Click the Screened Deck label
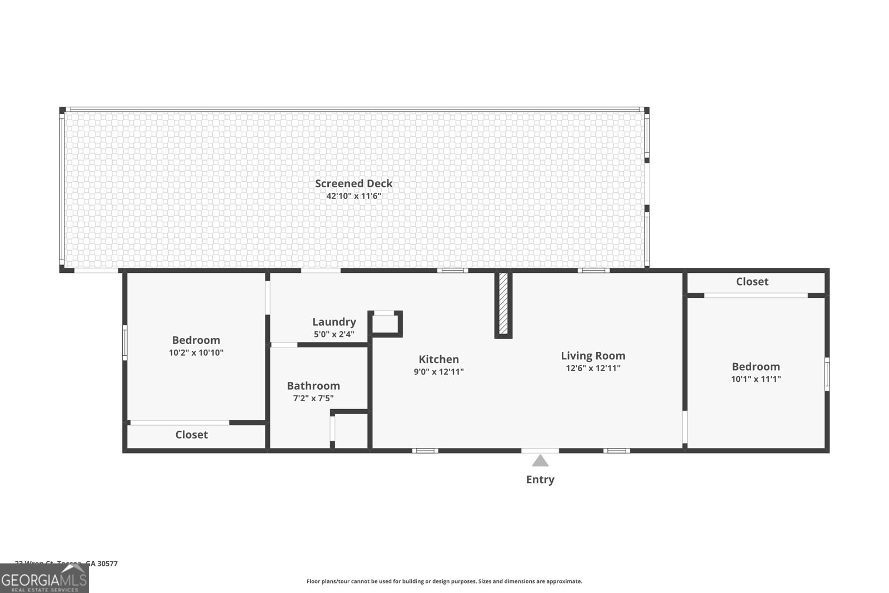(353, 183)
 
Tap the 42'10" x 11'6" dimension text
(353, 196)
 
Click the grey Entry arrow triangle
(540, 461)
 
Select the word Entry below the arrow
(540, 479)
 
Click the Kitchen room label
(438, 359)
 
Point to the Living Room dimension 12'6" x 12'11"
(593, 368)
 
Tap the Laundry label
(334, 322)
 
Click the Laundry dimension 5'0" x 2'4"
(334, 335)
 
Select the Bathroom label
(313, 386)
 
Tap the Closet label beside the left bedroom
(191, 435)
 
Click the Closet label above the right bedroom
(752, 282)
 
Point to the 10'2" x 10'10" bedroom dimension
(196, 352)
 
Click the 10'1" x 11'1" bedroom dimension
(756, 379)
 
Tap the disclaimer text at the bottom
(444, 581)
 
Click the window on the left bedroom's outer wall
(124, 342)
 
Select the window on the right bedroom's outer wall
(827, 374)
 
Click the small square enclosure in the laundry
(385, 324)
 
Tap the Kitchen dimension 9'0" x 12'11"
(438, 372)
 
